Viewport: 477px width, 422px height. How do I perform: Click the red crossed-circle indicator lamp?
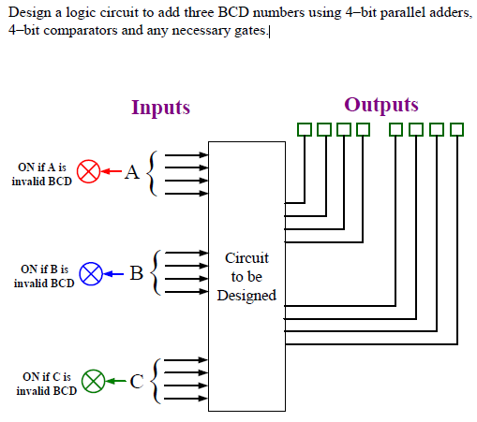88,172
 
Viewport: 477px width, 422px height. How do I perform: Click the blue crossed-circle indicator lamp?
90,274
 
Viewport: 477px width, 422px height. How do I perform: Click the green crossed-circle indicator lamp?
92,381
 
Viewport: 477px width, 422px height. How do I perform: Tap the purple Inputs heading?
160,108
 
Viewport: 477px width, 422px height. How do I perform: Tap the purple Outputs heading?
380,104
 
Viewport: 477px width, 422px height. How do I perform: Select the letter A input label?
131,172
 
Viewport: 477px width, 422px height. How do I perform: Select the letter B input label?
136,274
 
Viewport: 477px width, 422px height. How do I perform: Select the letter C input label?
137,381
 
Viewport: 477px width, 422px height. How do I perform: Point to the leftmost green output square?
304,129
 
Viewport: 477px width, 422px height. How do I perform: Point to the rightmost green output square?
457,129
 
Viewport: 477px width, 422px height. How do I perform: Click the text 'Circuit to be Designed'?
246,276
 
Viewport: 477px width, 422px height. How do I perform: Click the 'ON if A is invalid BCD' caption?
42,174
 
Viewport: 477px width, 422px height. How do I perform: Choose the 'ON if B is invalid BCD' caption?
44,276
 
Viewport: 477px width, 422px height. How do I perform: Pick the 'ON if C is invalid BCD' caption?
46,384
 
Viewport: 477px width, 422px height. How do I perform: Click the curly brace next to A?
155,172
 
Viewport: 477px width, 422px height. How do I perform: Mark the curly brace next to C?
157,381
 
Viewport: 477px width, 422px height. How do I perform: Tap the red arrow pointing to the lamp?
112,172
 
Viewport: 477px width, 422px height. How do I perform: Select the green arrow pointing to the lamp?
115,381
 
